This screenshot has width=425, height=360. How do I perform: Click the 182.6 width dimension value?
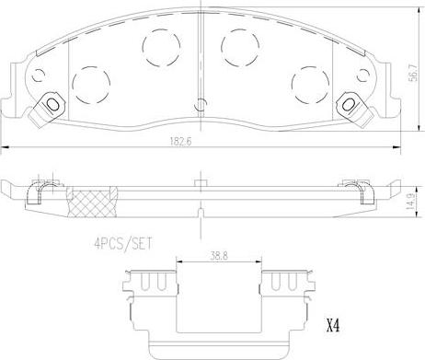[x=180, y=141]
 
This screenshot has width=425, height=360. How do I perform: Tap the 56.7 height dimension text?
[x=413, y=73]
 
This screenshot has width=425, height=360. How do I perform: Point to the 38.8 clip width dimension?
[x=220, y=256]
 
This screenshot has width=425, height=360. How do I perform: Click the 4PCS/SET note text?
[x=122, y=244]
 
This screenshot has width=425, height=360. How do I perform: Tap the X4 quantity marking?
[x=333, y=327]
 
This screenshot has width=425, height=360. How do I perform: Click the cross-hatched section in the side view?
[x=92, y=202]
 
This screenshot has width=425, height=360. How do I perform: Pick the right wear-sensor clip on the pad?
[x=355, y=109]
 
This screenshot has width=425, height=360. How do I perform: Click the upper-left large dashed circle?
[x=161, y=47]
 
